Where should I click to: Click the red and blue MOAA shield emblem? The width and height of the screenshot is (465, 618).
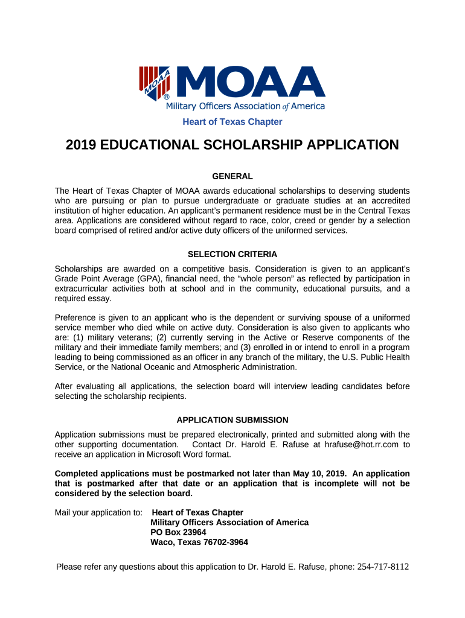click(x=155, y=82)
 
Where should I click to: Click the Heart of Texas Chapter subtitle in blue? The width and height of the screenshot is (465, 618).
click(x=232, y=122)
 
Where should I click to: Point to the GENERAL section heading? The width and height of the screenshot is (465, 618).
click(x=232, y=176)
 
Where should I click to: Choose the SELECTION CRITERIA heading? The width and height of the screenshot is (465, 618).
click(x=232, y=254)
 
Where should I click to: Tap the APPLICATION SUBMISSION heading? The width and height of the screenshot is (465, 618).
click(x=232, y=420)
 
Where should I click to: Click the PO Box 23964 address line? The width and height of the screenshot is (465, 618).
click(x=178, y=532)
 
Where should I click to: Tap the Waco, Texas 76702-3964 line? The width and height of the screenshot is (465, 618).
click(x=199, y=542)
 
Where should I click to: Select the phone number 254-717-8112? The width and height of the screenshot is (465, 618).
click(x=383, y=567)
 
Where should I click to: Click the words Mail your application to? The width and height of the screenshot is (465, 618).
click(x=98, y=513)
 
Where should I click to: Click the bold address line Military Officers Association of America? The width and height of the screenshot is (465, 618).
click(x=229, y=523)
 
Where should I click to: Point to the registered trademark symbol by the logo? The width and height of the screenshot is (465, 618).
click(x=167, y=97)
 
